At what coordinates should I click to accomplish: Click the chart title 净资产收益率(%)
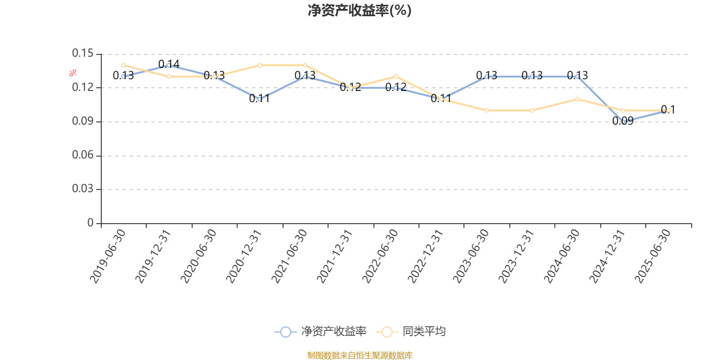click(360, 10)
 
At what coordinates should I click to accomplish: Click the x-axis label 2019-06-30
click(108, 256)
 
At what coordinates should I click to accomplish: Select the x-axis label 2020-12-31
click(244, 256)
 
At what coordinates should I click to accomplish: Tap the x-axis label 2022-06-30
click(380, 256)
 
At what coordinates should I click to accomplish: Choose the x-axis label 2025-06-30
click(652, 256)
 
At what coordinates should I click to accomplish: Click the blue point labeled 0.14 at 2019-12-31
click(169, 65)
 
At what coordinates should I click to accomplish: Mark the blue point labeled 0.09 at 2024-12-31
click(623, 121)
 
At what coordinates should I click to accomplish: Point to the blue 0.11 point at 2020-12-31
click(260, 99)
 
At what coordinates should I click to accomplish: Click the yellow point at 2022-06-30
click(396, 76)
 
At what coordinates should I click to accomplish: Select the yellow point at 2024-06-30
click(577, 99)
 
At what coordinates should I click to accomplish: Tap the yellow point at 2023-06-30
click(486, 110)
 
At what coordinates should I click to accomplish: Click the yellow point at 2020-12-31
click(260, 65)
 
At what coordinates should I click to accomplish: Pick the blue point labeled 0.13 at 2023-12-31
click(532, 76)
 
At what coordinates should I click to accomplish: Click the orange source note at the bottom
click(360, 355)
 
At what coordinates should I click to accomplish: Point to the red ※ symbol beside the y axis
click(73, 73)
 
